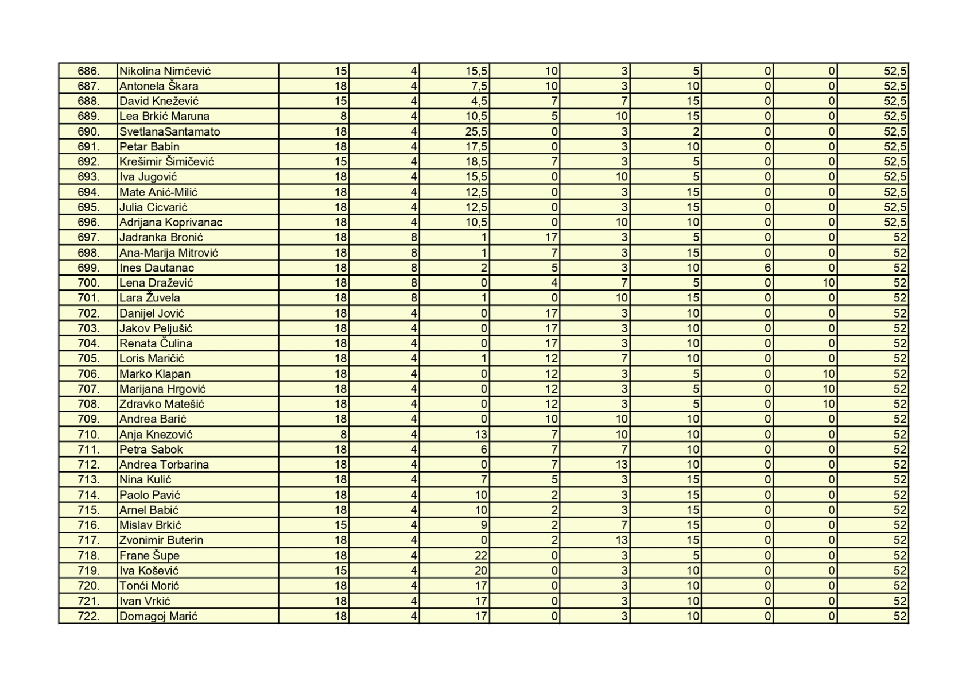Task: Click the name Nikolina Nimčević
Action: [x=165, y=71]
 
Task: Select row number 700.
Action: [x=88, y=282]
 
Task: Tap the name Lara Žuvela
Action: [x=150, y=298]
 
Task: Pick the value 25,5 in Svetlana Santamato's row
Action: [x=476, y=131]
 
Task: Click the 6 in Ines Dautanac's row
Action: [x=767, y=268]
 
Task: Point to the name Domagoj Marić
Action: [x=158, y=616]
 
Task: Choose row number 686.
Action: [x=88, y=71]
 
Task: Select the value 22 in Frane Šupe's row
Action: [x=481, y=555]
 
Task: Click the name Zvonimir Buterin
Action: [x=161, y=540]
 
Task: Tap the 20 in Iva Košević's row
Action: [x=481, y=571]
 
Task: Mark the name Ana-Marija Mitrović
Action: [x=169, y=253]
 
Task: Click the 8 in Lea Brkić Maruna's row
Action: [x=343, y=117]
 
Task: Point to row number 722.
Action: [x=88, y=616]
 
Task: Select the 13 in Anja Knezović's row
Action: [x=481, y=434]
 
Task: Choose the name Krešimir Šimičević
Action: [x=166, y=162]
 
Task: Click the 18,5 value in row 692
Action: [x=476, y=162]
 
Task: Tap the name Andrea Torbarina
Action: [x=164, y=465]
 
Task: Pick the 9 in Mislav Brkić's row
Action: [x=484, y=525]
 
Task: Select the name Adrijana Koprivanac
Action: [x=171, y=222]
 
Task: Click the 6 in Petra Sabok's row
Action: [x=484, y=450]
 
